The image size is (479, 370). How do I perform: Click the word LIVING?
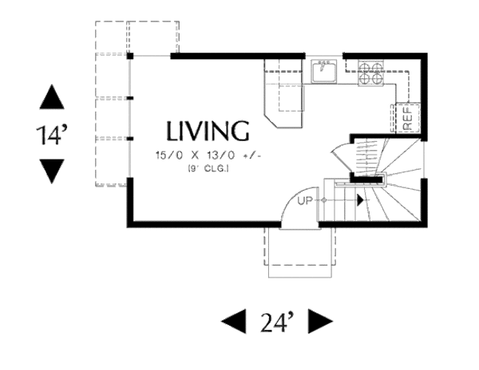coord(208,130)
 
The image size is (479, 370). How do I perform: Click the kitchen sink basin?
coord(324,73)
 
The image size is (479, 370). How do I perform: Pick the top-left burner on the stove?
coord(364,67)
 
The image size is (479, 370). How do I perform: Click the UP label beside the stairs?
coord(304,199)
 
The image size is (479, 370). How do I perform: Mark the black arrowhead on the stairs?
coord(362,199)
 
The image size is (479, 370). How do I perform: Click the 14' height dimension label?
coord(51,134)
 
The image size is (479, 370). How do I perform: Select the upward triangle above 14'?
coord(51,98)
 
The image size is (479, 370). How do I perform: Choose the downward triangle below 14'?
coord(51,170)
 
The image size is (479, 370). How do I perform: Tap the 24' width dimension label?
coord(277,321)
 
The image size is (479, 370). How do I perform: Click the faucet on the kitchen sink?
coord(324,61)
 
